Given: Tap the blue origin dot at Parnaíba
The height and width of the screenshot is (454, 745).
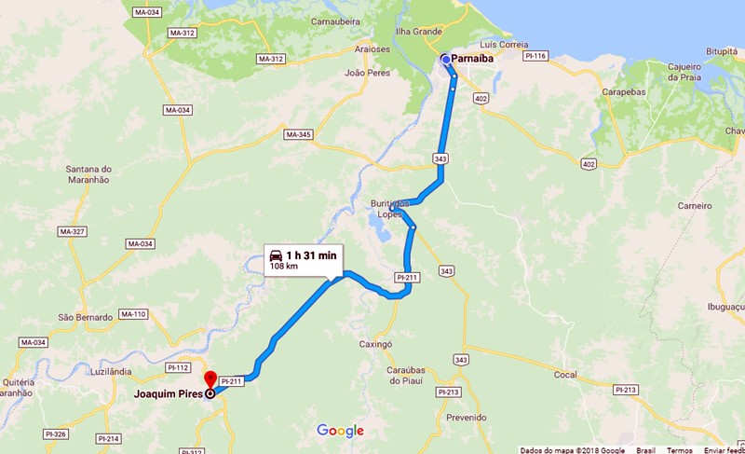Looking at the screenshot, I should click(446, 60).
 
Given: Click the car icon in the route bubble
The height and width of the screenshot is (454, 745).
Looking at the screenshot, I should click(276, 255).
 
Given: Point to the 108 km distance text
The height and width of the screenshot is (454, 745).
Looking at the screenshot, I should click(284, 267).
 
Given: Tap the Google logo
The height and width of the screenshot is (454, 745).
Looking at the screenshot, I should click(340, 430).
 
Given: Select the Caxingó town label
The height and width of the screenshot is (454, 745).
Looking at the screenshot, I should click(375, 344).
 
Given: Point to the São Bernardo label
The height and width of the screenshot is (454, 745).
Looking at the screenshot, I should click(86, 317).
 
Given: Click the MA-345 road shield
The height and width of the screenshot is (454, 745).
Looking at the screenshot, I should click(298, 135).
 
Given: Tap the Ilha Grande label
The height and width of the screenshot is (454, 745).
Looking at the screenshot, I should click(419, 32).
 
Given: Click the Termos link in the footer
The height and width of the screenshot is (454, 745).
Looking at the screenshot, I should click(679, 449).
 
